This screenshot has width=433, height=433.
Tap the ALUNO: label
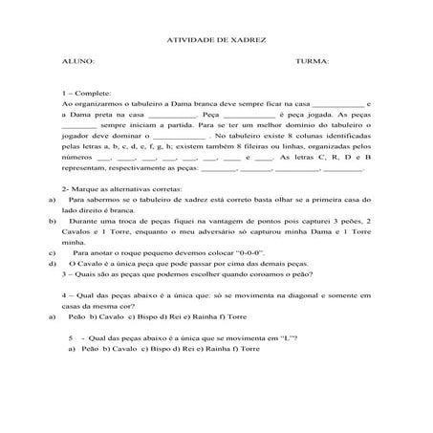click(x=77, y=61)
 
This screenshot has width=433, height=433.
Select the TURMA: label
click(x=314, y=61)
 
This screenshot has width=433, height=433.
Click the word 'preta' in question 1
click(x=109, y=114)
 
